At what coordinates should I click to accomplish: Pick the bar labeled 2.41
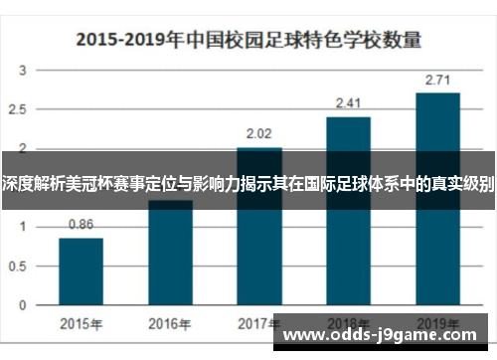(x=348, y=209)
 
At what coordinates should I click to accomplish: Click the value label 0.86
(x=81, y=225)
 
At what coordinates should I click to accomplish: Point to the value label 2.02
(x=259, y=133)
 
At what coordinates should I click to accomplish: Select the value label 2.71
(x=437, y=80)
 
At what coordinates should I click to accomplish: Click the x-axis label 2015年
(x=81, y=323)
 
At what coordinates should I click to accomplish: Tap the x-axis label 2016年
(x=170, y=323)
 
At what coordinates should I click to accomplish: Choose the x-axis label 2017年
(x=259, y=323)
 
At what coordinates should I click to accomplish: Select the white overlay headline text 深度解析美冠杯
(x=248, y=184)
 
